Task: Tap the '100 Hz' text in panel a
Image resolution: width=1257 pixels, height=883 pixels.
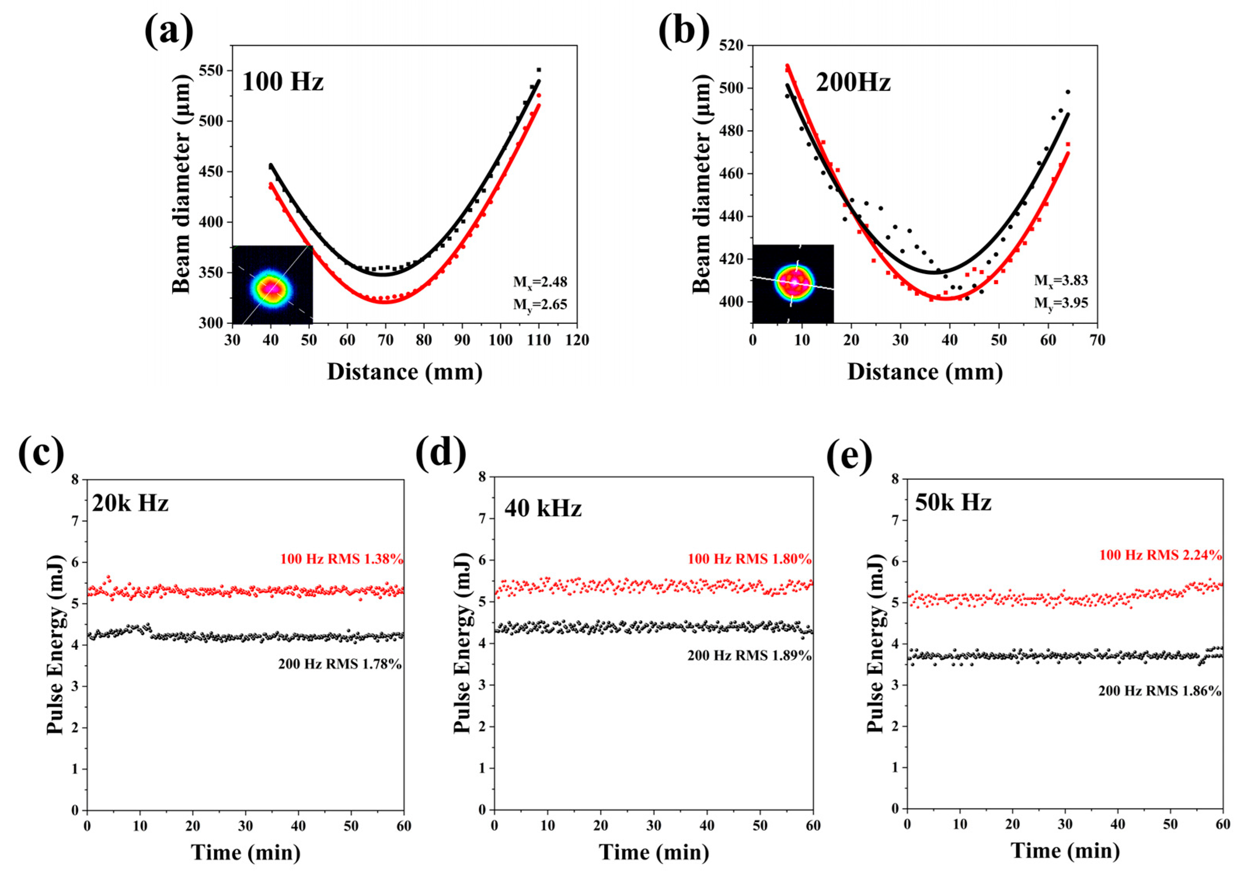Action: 283,82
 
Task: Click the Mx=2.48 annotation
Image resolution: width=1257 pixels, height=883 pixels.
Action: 540,282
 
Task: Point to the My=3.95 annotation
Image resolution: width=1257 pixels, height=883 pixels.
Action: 1061,302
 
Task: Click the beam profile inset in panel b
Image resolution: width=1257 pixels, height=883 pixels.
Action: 793,283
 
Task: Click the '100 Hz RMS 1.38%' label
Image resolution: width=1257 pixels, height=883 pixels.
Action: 341,559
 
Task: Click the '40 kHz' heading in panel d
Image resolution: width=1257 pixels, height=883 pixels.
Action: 543,509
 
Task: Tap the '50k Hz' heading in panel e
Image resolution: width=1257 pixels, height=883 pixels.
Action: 953,502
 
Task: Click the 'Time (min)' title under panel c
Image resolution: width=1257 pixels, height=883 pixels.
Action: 246,852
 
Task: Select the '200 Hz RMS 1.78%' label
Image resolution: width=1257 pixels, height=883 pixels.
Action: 340,664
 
